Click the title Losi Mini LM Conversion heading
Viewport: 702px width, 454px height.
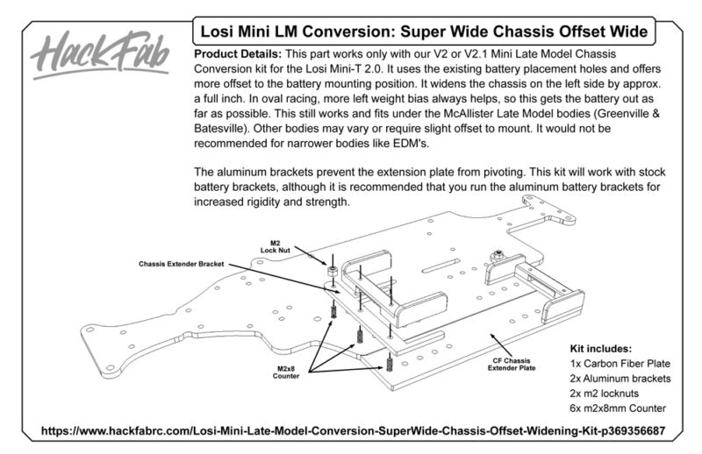(424, 32)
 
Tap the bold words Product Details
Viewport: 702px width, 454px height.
(238, 54)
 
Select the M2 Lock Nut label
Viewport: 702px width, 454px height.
(275, 246)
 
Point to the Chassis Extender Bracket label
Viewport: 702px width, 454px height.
(181, 264)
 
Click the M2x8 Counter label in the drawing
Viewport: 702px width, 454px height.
(286, 372)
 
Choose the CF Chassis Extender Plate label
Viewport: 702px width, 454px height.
(512, 364)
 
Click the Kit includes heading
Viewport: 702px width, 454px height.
(600, 349)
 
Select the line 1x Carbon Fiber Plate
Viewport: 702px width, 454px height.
(620, 364)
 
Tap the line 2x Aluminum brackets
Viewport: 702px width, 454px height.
(620, 379)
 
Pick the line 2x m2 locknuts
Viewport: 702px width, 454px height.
(604, 394)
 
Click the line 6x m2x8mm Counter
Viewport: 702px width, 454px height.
(618, 408)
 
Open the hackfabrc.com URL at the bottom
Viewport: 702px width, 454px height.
(353, 431)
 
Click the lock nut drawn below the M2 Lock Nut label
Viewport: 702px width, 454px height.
(333, 271)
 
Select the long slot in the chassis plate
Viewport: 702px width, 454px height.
(440, 266)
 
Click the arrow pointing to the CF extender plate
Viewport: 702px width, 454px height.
(500, 344)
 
